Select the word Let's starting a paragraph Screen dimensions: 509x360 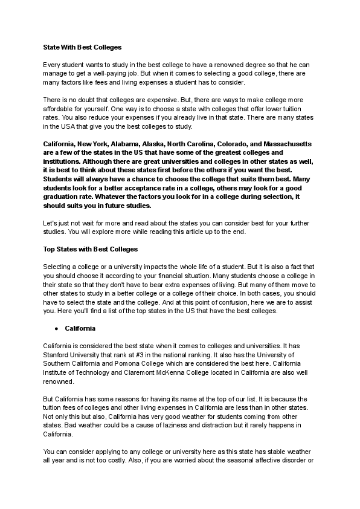point(52,223)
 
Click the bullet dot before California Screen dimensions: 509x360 point(56,329)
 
